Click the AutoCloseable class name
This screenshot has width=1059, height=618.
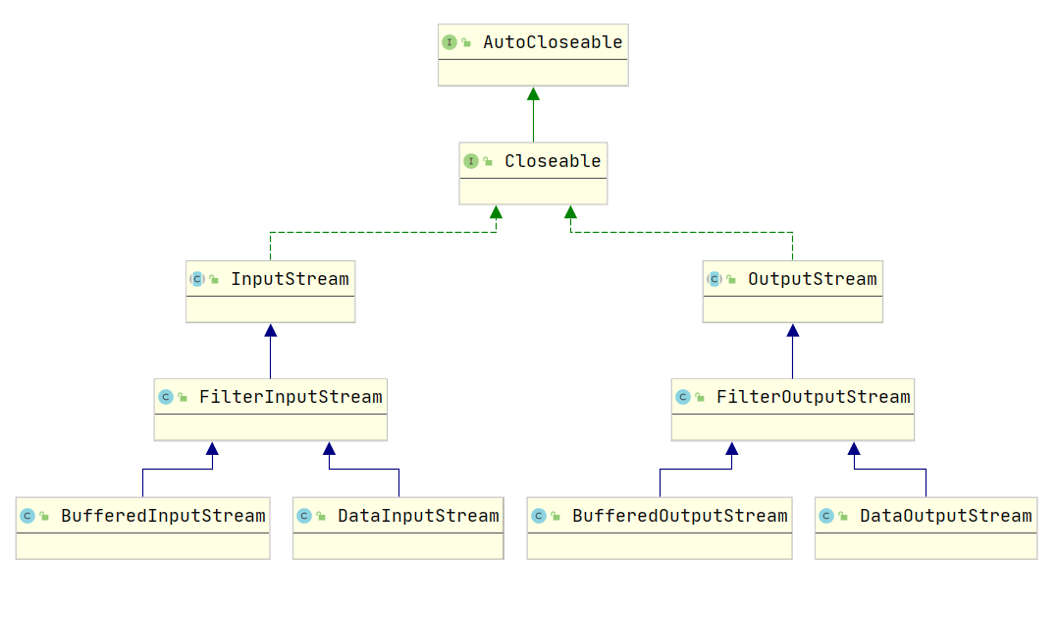(x=553, y=42)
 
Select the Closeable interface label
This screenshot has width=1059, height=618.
(x=553, y=161)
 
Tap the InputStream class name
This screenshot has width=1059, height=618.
(x=290, y=279)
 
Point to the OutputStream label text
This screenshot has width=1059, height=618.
(x=812, y=279)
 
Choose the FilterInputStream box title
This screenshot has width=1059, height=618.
(x=291, y=397)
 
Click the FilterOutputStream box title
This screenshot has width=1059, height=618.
(x=814, y=397)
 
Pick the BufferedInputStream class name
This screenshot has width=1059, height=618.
(x=163, y=516)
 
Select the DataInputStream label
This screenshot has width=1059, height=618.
(x=418, y=516)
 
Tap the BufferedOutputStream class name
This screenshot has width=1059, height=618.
(x=679, y=516)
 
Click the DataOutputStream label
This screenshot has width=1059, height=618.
(x=945, y=516)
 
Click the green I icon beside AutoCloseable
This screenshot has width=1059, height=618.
(x=450, y=42)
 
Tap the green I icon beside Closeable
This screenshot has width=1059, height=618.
(x=471, y=161)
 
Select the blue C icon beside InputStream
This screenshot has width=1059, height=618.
(x=196, y=279)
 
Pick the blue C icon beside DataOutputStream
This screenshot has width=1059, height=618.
(x=826, y=516)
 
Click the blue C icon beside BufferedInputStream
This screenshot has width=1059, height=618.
(x=27, y=516)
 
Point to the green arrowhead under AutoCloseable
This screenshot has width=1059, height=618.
(x=534, y=94)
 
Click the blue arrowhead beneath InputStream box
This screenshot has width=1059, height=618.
(x=271, y=331)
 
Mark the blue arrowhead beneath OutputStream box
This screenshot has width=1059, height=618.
(x=793, y=331)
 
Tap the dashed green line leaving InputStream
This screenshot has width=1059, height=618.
(x=383, y=233)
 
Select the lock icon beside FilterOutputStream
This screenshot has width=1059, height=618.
(x=700, y=398)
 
